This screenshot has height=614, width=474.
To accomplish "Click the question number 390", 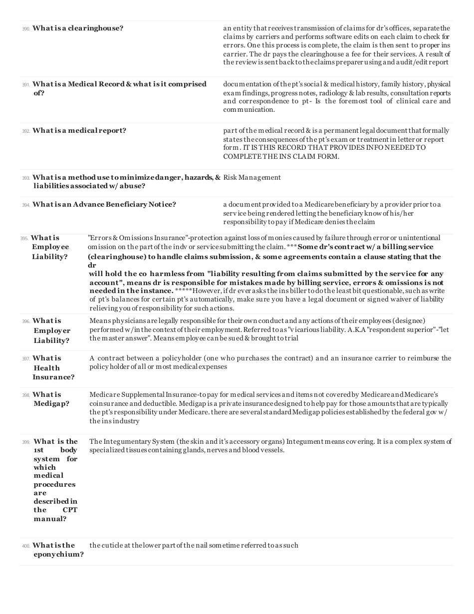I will (x=26, y=29).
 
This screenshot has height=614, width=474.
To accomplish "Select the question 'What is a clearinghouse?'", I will (x=78, y=28).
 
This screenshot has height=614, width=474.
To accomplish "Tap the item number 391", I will (x=26, y=85).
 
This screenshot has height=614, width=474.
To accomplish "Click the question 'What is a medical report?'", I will (x=79, y=131).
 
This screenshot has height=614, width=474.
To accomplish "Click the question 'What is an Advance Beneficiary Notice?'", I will (x=104, y=205).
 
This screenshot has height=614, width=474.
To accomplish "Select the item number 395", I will (x=24, y=239).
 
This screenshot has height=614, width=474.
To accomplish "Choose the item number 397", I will (x=26, y=359).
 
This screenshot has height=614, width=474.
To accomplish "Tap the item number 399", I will (x=26, y=442).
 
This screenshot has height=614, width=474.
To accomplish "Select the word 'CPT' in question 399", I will (x=70, y=510).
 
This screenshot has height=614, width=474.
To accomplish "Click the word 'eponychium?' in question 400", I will (x=59, y=555).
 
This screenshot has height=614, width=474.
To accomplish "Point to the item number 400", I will (x=26, y=546).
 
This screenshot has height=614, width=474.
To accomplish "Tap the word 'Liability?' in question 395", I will (x=50, y=257).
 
